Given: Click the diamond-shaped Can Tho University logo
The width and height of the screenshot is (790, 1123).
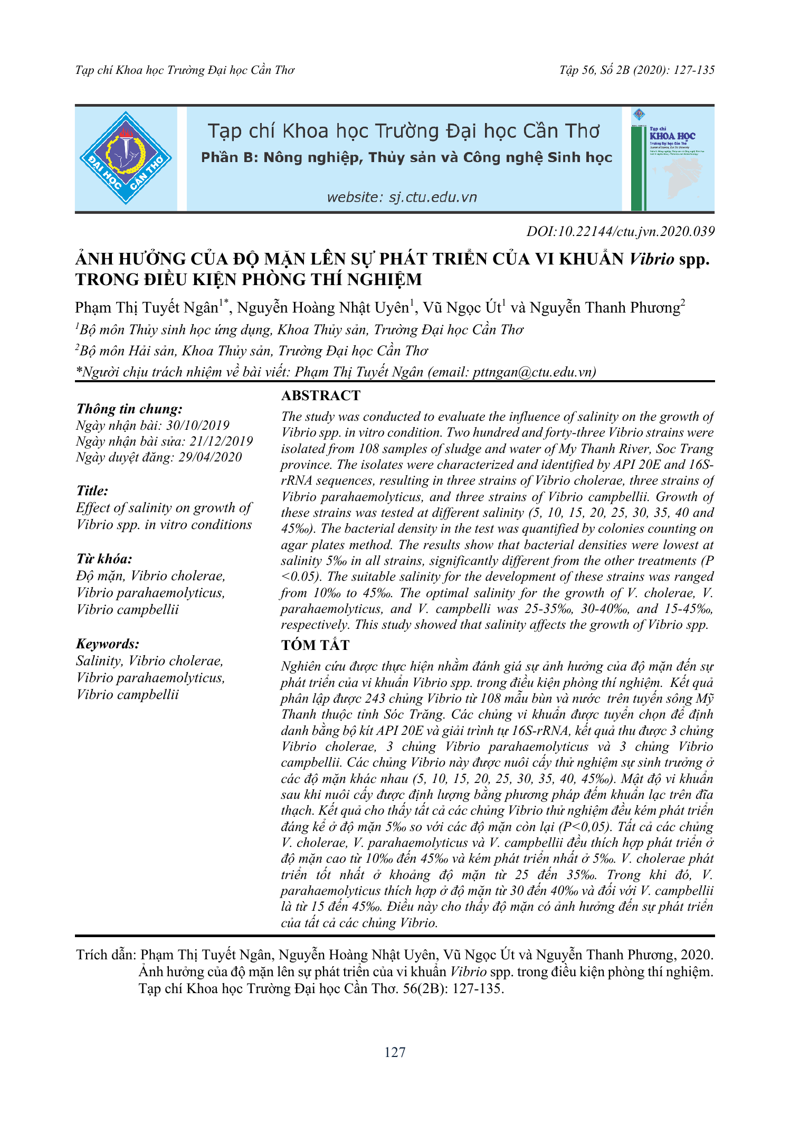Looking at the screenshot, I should pyautogui.click(x=126, y=158).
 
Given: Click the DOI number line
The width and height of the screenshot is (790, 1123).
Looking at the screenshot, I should pyautogui.click(x=620, y=231).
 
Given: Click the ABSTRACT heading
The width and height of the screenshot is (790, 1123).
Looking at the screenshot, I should pyautogui.click(x=321, y=395).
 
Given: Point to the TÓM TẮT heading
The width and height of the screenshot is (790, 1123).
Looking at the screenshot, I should pyautogui.click(x=315, y=645).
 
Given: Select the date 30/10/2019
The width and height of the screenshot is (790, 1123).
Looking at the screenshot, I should pyautogui.click(x=198, y=426).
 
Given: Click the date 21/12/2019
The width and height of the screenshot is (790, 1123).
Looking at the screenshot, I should pyautogui.click(x=221, y=441).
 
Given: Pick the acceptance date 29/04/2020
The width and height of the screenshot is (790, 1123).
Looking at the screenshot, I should pyautogui.click(x=210, y=457).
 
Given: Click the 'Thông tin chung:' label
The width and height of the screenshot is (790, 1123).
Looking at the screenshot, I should pyautogui.click(x=129, y=409).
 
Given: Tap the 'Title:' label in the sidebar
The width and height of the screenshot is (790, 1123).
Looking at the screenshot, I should pyautogui.click(x=92, y=490).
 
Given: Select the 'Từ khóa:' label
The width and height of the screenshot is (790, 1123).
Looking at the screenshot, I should pyautogui.click(x=104, y=559).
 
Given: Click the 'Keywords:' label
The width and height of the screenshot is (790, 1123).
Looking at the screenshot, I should pyautogui.click(x=108, y=644).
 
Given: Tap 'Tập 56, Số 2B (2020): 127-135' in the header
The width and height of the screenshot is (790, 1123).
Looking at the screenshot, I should pyautogui.click(x=637, y=70).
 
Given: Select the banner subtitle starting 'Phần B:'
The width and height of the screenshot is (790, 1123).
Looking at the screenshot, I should pyautogui.click(x=406, y=158).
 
